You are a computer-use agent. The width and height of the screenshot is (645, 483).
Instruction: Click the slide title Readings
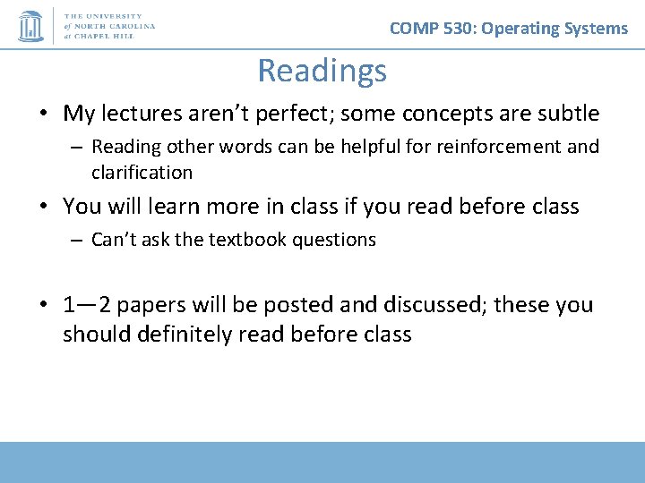coord(322,71)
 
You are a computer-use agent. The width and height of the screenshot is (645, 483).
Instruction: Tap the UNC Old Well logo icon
coord(31,26)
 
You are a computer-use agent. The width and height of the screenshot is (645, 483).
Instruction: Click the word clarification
coord(142,172)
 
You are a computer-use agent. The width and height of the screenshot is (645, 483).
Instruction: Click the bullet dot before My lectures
coord(43,114)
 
